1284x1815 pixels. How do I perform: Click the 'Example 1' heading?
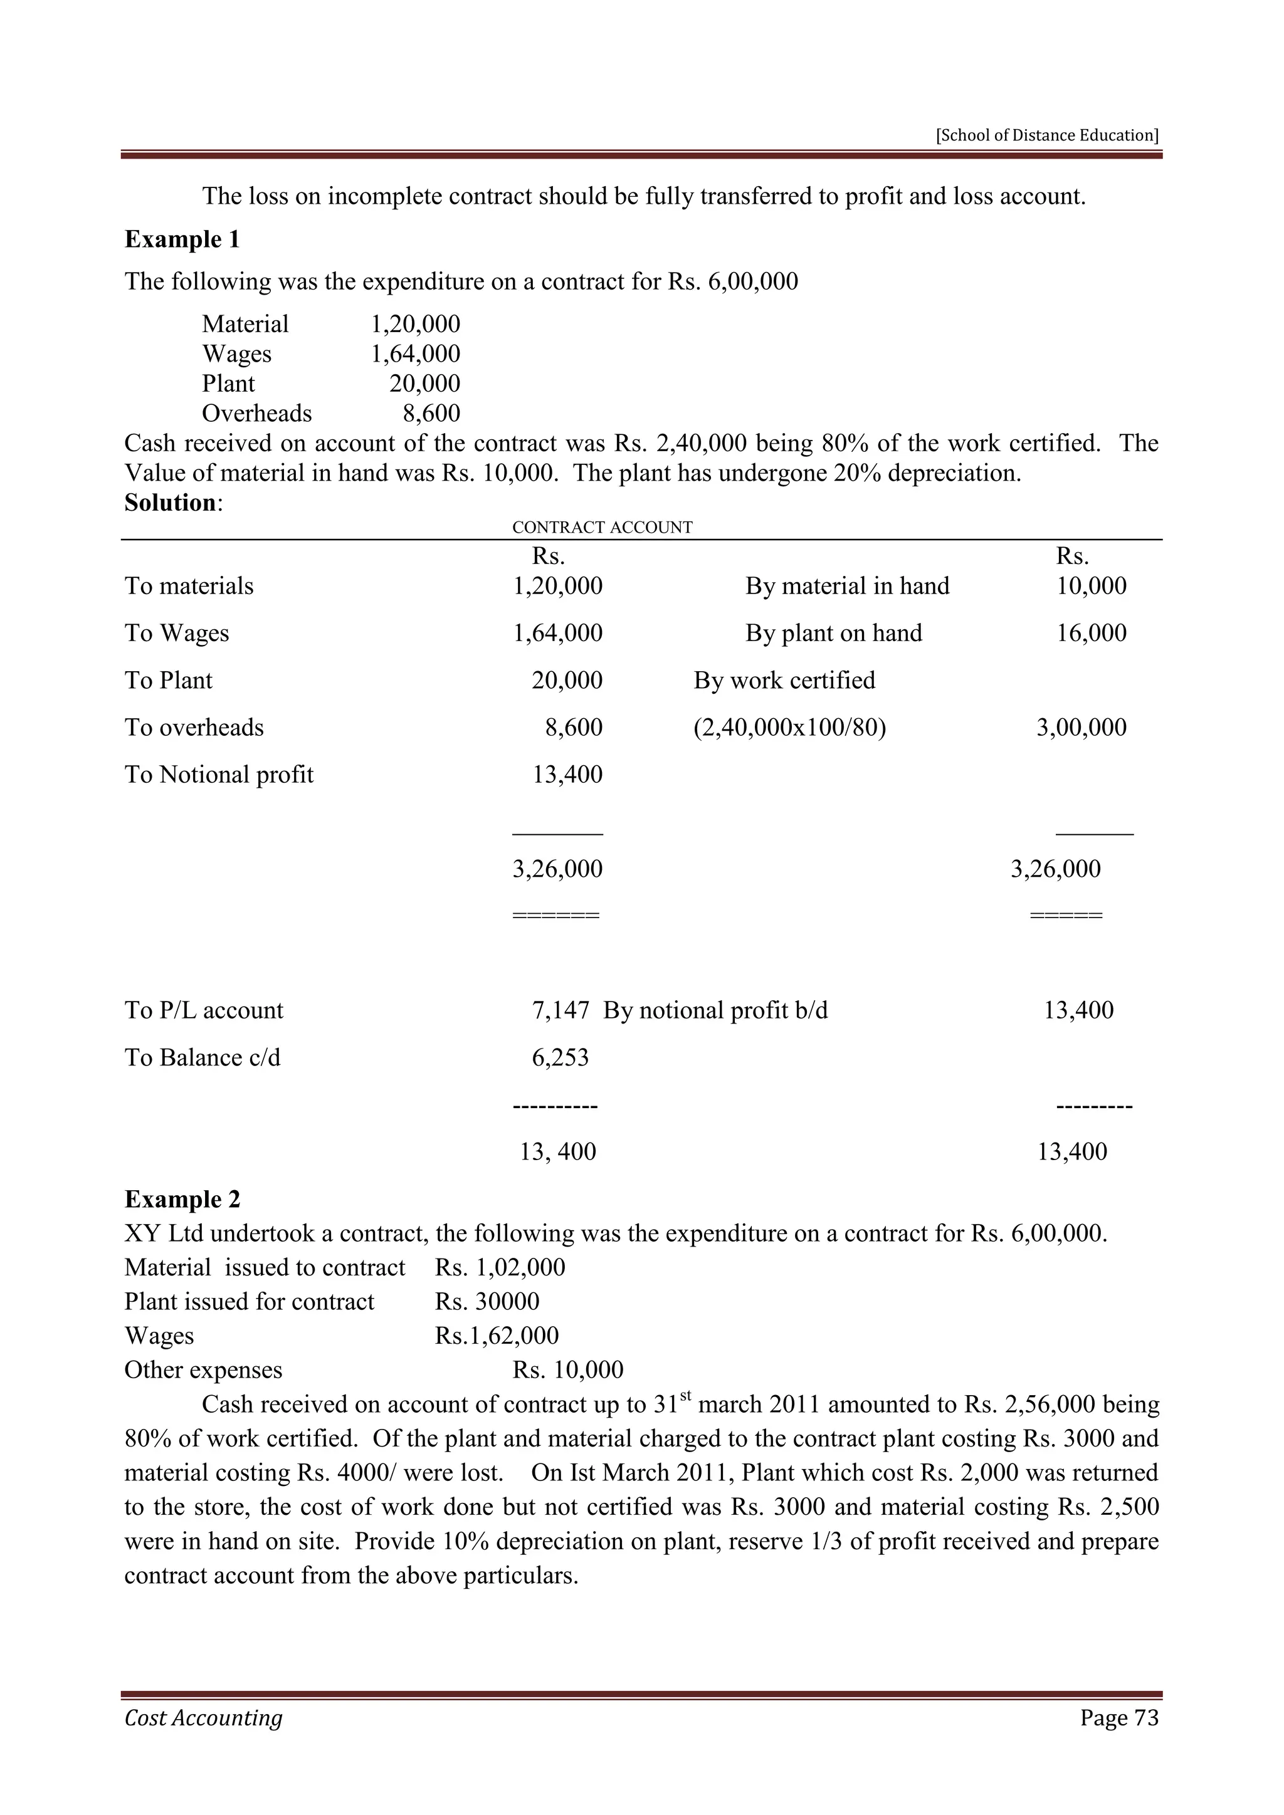click(182, 239)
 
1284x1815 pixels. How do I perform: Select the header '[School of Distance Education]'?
click(1047, 135)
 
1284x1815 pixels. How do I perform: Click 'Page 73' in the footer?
click(1118, 1717)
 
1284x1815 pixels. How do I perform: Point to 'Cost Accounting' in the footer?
click(203, 1717)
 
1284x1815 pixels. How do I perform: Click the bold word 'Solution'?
click(170, 503)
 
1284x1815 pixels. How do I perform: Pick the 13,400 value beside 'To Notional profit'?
click(567, 775)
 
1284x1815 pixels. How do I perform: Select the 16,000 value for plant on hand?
click(1091, 633)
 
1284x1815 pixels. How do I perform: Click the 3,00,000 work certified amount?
click(1081, 727)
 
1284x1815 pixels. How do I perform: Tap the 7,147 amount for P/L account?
click(560, 1010)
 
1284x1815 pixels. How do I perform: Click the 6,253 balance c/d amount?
click(560, 1058)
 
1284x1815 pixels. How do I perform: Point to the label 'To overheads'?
click(194, 727)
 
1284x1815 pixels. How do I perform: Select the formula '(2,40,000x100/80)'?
click(789, 727)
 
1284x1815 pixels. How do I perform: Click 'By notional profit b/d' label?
click(715, 1010)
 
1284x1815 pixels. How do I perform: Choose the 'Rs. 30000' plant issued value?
click(487, 1301)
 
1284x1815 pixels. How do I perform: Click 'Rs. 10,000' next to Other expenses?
click(567, 1370)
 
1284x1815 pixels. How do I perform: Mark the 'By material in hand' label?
click(847, 586)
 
